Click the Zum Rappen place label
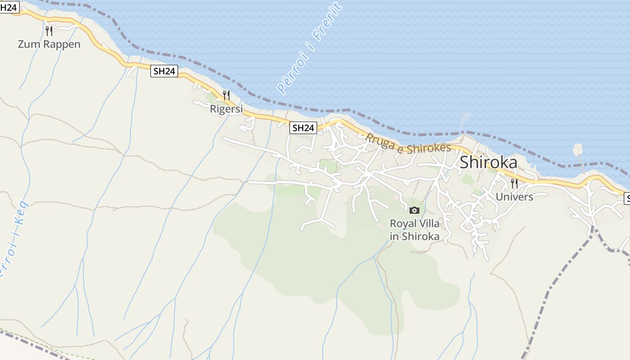coord(49,44)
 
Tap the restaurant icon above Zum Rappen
coord(49,31)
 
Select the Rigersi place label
coord(226,109)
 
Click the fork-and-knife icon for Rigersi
coord(226,95)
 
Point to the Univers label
coord(514,197)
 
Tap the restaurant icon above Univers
coord(514,184)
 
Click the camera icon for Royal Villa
coord(414,210)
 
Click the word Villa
coord(428,224)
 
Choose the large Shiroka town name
coord(488,162)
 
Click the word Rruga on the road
coord(378,140)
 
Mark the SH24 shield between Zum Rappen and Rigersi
coord(164,71)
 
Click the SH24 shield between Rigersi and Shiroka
coord(303,128)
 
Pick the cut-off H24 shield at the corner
coord(9,7)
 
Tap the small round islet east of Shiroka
coord(578,149)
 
